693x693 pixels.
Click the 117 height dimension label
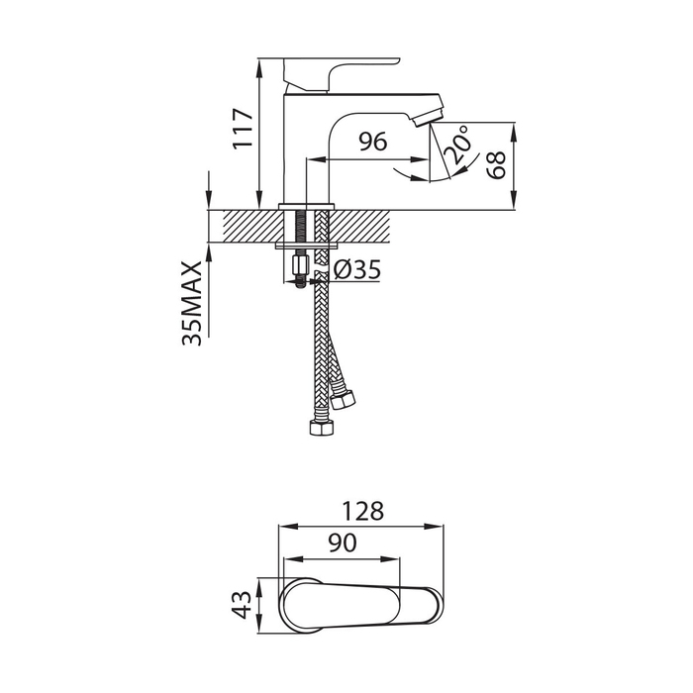tap(244, 128)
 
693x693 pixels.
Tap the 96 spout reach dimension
tap(372, 142)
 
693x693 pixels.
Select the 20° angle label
tap(456, 145)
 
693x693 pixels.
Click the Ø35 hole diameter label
tap(357, 269)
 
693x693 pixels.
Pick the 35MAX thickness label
tap(192, 303)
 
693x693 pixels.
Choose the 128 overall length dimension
tap(363, 511)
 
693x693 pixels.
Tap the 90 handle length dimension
tap(343, 543)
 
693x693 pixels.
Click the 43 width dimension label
tap(242, 605)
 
